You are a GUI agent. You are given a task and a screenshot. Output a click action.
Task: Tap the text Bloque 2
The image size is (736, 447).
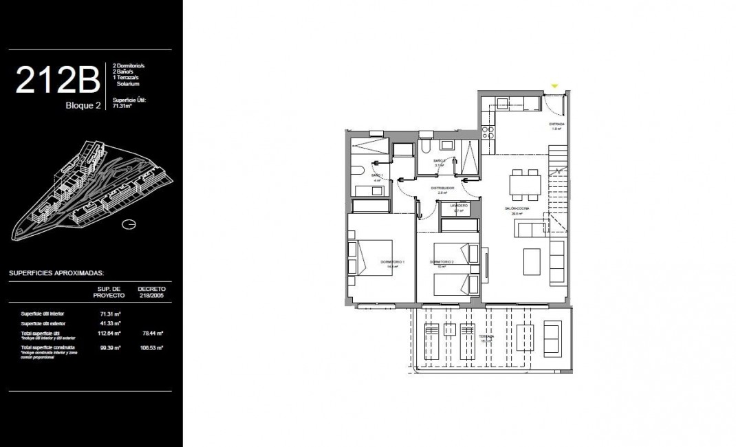[x=84, y=106]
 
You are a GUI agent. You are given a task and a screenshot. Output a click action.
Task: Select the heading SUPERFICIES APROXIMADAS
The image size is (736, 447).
[x=52, y=273]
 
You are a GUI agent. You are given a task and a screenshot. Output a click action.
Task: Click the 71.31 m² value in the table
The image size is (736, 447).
[x=110, y=314]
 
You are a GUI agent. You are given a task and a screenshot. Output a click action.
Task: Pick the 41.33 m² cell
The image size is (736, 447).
[x=110, y=323]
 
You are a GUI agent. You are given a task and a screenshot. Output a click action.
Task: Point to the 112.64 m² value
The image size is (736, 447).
[x=110, y=333]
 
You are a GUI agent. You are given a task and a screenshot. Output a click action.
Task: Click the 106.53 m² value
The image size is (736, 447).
[x=151, y=349]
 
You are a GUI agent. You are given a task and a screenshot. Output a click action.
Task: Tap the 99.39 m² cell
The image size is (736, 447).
[x=110, y=349]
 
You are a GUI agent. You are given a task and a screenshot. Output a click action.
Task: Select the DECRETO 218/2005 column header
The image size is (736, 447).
[x=151, y=292]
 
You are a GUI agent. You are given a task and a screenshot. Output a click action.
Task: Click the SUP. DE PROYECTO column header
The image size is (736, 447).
[x=110, y=292]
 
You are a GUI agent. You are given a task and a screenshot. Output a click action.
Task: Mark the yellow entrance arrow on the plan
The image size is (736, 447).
[x=554, y=86]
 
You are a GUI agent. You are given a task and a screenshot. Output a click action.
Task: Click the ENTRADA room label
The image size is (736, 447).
[x=556, y=124]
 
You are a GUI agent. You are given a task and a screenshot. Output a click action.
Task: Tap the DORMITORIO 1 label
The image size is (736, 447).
[x=393, y=262]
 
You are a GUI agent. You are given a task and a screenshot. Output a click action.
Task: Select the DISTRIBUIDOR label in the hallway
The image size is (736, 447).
[x=442, y=188]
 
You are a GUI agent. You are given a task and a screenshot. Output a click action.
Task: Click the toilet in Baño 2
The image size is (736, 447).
[x=426, y=149]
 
